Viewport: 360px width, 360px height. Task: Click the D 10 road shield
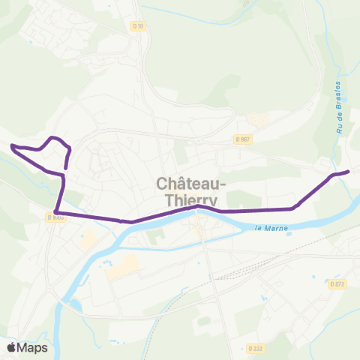[x=136, y=26]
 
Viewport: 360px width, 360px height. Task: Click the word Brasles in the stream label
[x=339, y=94]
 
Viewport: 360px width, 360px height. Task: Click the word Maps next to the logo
[x=34, y=347]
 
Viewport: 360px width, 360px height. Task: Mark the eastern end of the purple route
[x=348, y=172]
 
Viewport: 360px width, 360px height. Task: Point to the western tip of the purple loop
[x=12, y=145]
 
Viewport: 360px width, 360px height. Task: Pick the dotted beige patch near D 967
[x=257, y=120]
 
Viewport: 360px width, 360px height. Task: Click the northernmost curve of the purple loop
[x=53, y=137]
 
